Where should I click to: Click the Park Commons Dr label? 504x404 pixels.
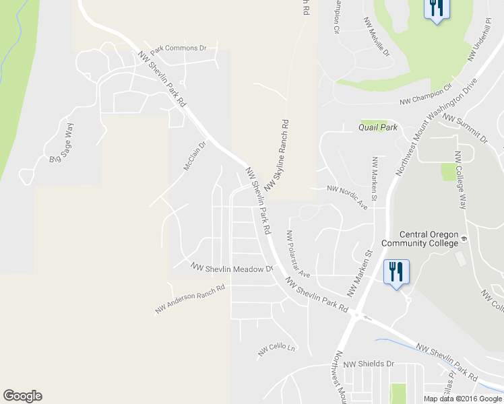click(178, 48)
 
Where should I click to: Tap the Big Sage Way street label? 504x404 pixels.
click(60, 143)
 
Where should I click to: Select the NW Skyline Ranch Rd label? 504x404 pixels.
click(276, 156)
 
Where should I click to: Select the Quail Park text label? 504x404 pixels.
click(378, 127)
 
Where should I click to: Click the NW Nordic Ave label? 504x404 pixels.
click(348, 196)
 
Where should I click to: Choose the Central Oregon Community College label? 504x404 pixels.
click(420, 238)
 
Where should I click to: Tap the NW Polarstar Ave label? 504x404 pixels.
click(297, 255)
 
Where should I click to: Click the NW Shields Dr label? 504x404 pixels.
click(368, 364)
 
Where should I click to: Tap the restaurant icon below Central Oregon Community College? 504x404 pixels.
click(396, 273)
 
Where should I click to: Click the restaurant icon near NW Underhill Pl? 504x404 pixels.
click(436, 9)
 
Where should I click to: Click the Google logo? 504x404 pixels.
click(22, 396)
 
